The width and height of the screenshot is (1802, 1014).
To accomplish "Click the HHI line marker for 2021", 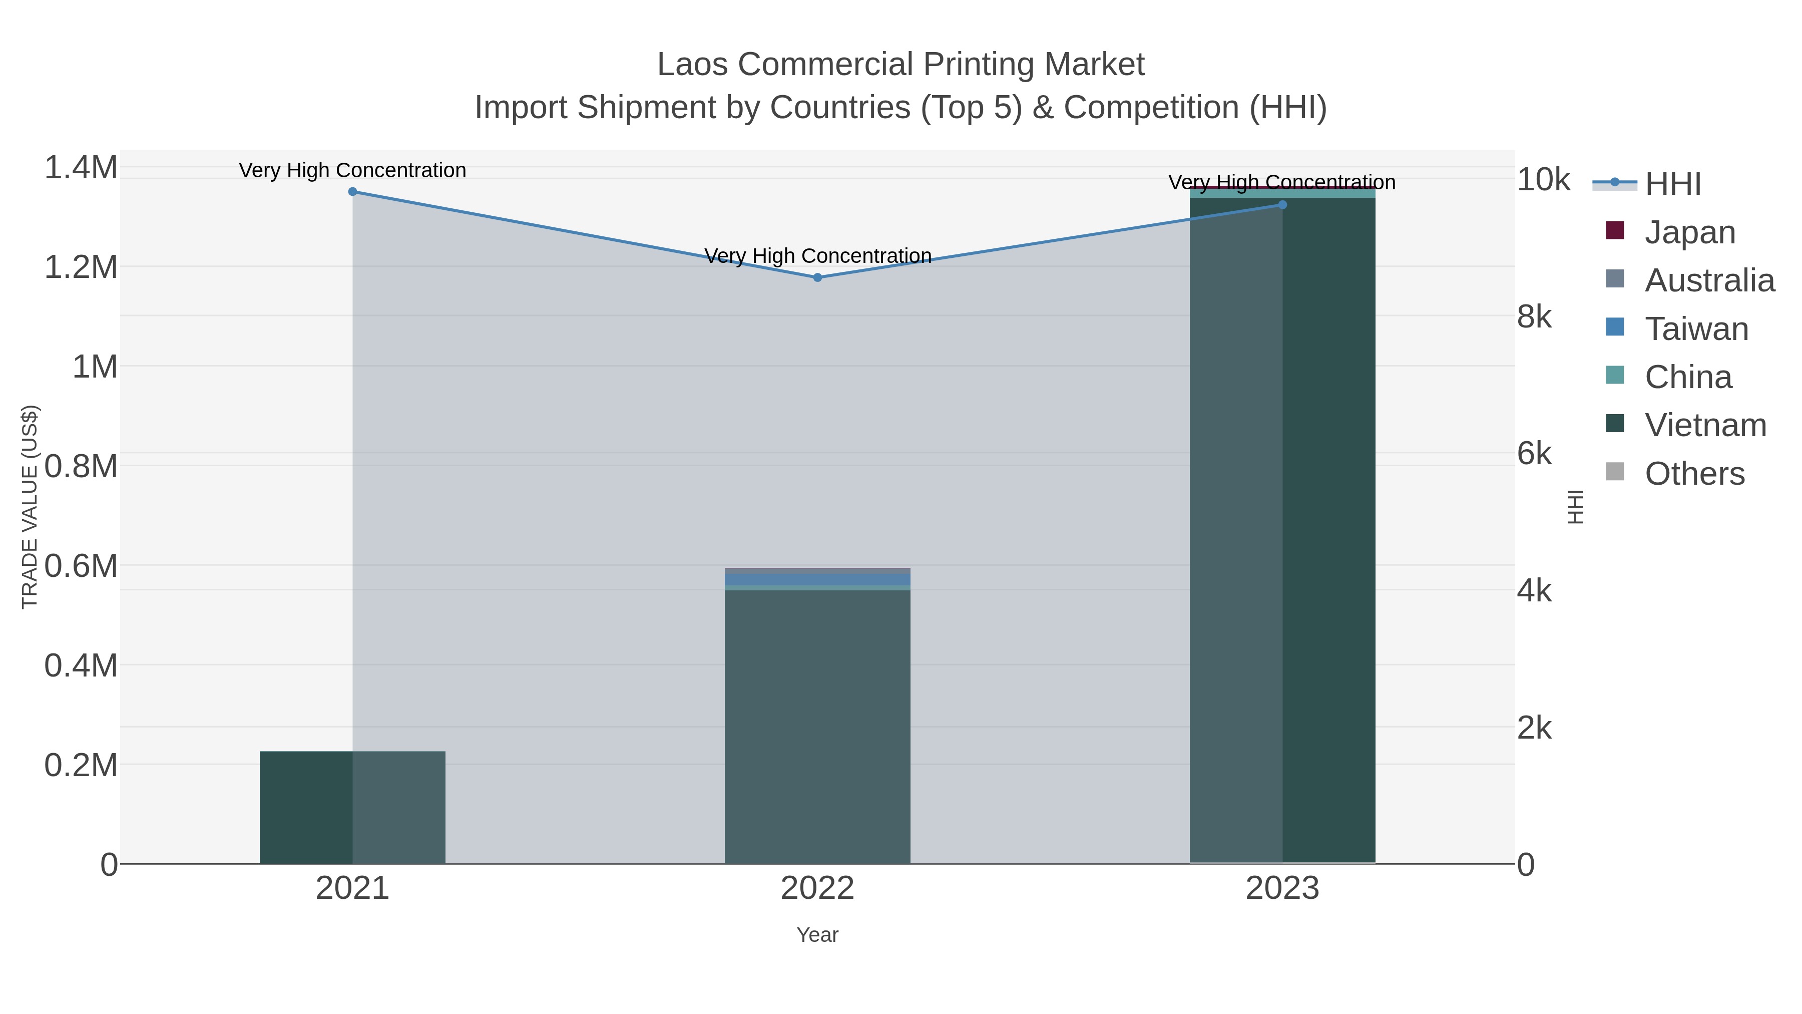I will coord(352,192).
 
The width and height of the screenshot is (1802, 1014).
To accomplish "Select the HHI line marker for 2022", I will coord(817,278).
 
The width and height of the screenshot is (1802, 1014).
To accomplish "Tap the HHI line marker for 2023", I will coord(1282,205).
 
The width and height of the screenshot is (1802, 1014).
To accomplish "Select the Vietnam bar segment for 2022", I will coord(817,728).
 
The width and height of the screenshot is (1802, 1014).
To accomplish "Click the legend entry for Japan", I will coord(1689,232).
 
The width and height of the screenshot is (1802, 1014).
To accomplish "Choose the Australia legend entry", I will coord(1709,280).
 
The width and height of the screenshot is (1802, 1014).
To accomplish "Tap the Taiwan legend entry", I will coord(1696,329).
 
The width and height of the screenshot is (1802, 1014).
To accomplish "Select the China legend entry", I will coord(1687,377).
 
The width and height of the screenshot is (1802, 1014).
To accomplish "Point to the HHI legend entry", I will coord(1672,184).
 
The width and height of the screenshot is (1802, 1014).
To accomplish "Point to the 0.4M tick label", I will coord(81,665).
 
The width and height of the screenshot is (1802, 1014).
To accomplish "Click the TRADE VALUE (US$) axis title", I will coord(30,507).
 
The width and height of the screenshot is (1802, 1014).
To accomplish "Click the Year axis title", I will coord(817,935).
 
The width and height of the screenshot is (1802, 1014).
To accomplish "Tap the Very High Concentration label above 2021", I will coord(352,170).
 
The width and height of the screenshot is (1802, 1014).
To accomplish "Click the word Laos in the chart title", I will coord(693,65).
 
